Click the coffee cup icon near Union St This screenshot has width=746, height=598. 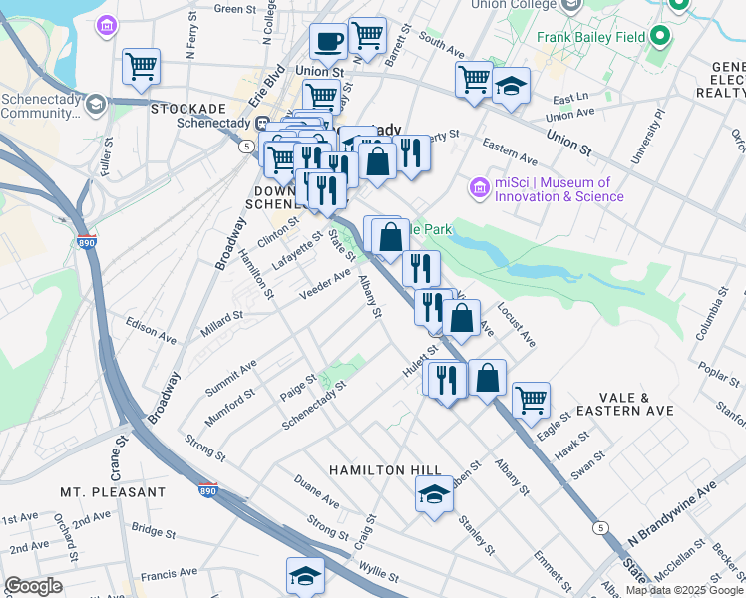click(x=327, y=43)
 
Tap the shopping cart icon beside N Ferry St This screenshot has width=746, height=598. click(x=141, y=67)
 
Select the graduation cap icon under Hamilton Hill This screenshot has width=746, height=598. click(x=434, y=495)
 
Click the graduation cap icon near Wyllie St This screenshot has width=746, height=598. click(x=305, y=576)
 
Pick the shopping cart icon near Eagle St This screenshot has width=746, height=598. click(x=531, y=401)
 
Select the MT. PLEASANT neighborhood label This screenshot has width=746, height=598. click(x=113, y=492)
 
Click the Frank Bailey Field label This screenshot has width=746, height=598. click(x=592, y=38)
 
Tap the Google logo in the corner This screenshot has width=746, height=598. click(x=33, y=586)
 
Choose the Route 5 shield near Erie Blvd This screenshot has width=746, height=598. click(x=245, y=147)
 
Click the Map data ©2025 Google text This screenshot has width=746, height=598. click(x=683, y=590)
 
